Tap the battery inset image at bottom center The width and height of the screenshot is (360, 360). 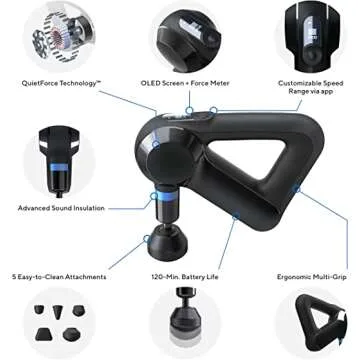pyautogui.click(x=182, y=322)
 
